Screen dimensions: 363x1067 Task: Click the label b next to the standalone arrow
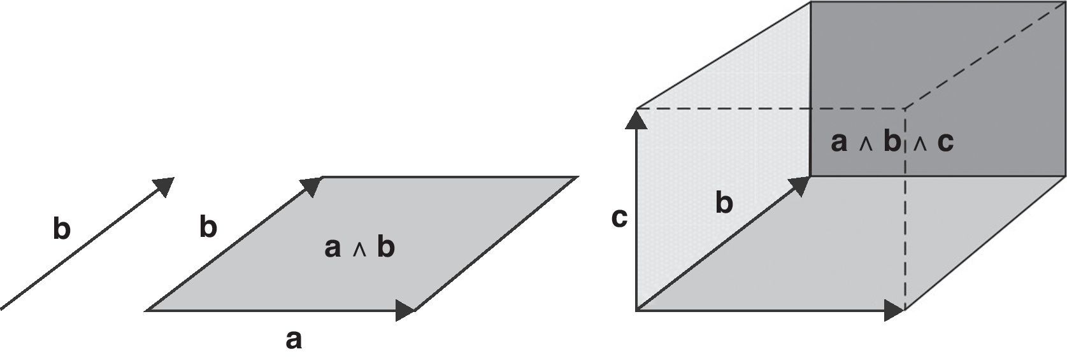(61, 229)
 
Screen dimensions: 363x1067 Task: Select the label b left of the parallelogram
(208, 227)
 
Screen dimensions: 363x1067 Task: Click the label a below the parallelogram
(293, 340)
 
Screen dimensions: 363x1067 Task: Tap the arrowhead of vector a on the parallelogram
(405, 311)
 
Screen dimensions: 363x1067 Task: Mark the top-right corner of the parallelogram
(577, 177)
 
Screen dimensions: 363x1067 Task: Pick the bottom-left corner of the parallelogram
(147, 311)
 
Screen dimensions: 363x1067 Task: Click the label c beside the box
(619, 218)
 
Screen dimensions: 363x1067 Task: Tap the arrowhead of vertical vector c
(636, 118)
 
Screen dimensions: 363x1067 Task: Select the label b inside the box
(724, 203)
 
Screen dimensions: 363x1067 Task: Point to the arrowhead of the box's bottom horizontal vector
(894, 311)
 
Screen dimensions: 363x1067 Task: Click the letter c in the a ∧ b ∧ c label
(945, 142)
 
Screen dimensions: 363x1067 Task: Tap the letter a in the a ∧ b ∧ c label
(839, 142)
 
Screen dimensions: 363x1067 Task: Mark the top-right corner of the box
(1065, 2)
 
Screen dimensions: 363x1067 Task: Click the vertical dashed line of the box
(905, 242)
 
